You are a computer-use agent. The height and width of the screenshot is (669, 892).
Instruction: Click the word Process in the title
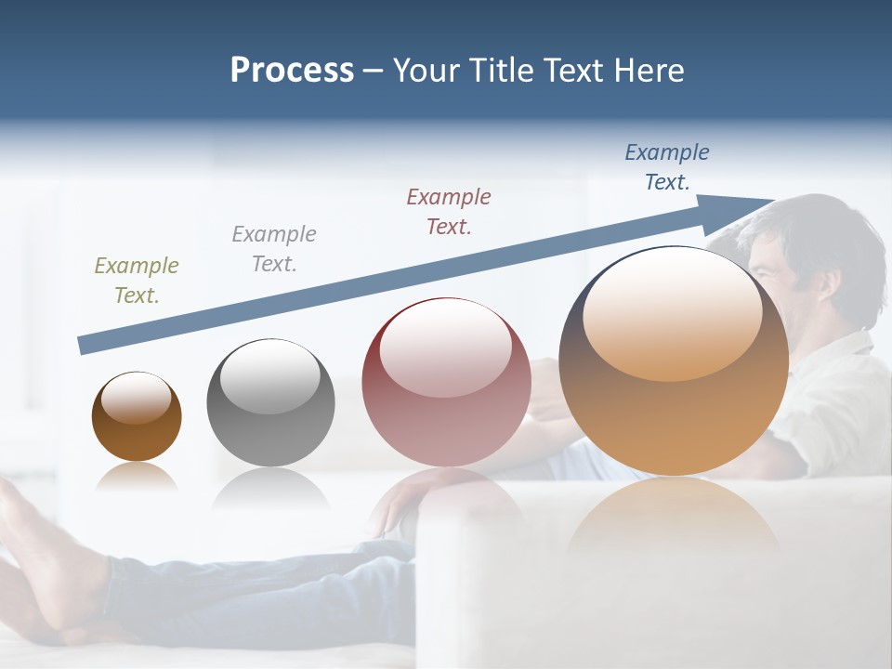(x=292, y=71)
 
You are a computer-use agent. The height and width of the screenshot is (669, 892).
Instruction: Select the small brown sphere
(x=137, y=416)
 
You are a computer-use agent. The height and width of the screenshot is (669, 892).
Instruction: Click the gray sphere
(x=270, y=403)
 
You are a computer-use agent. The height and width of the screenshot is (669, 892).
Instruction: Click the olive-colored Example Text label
(x=137, y=281)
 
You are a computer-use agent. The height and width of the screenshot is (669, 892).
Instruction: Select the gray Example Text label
(x=274, y=249)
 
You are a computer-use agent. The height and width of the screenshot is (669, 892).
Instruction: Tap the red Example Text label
(x=449, y=212)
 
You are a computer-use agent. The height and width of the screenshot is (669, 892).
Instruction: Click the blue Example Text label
(x=667, y=167)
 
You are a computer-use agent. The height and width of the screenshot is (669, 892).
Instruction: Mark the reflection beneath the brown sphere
(x=137, y=477)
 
